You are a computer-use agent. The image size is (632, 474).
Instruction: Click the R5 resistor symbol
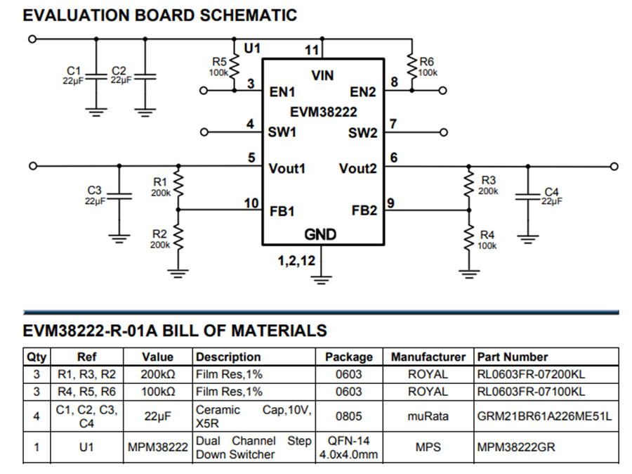click(x=234, y=68)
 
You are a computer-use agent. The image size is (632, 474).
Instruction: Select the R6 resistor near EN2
click(x=412, y=68)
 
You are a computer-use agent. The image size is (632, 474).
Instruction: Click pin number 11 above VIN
click(x=312, y=49)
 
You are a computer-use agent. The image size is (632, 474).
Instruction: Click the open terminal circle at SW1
click(x=204, y=132)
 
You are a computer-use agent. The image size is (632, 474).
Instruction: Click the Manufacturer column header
click(x=428, y=357)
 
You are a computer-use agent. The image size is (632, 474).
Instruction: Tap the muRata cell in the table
click(x=428, y=416)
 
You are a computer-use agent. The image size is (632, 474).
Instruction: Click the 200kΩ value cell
click(x=157, y=374)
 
